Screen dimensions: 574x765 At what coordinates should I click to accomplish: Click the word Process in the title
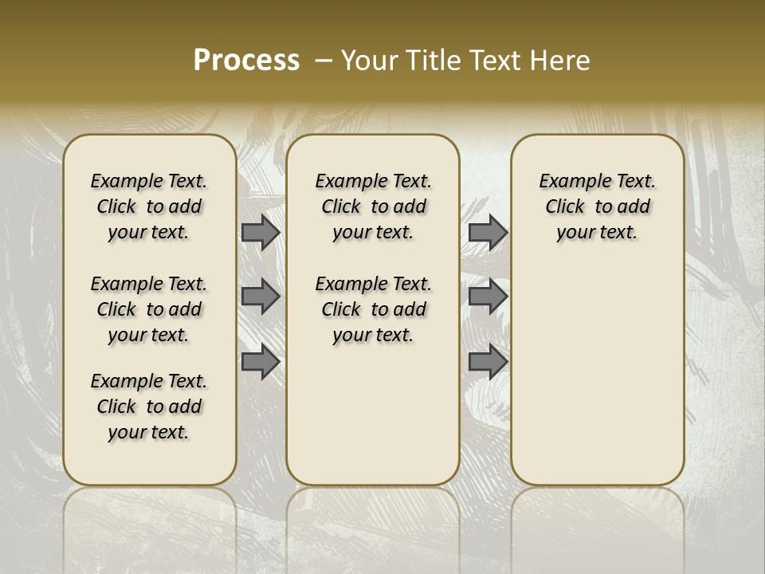coord(246,61)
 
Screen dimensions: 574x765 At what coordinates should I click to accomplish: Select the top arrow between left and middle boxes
coord(261,232)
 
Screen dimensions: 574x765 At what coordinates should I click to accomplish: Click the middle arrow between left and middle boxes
coord(261,297)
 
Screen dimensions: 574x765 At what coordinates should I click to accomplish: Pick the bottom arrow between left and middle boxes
coord(261,362)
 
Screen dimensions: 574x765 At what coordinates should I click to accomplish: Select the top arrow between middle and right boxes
coord(488,232)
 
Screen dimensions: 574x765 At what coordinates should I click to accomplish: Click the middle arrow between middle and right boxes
coord(488,297)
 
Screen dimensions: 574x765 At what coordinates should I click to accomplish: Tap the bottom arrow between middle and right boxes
coord(488,362)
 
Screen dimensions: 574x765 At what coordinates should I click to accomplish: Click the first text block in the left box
coord(149,206)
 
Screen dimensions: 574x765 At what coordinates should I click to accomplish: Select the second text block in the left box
coord(149,309)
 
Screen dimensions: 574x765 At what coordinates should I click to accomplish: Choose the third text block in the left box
coord(149,407)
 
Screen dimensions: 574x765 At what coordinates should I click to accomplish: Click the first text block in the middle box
coord(373,206)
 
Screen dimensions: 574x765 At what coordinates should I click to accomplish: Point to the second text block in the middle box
coord(373,309)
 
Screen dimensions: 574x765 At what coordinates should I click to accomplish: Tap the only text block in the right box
coord(598,206)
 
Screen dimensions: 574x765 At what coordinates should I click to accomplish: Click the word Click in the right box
coord(565,207)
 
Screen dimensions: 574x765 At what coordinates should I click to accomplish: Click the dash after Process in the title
coord(324,61)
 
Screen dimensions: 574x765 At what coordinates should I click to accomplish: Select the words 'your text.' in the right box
coord(598,233)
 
